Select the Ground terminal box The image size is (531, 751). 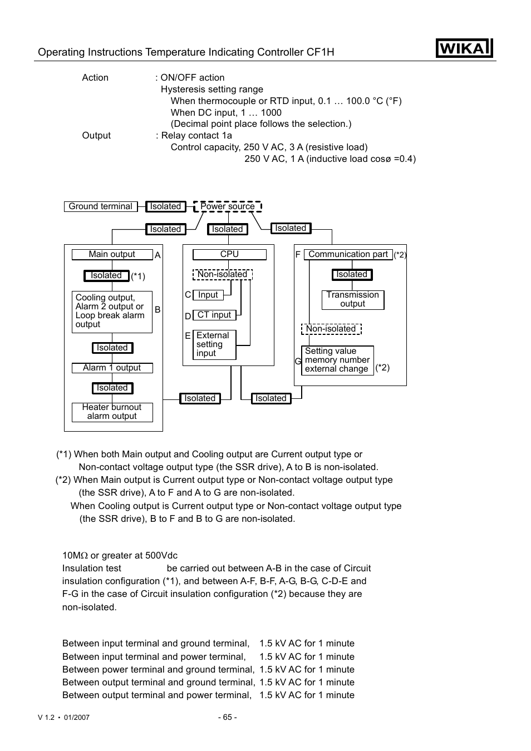(100, 206)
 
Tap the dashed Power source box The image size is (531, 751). (228, 206)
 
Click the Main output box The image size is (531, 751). (112, 254)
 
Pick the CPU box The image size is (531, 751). (229, 254)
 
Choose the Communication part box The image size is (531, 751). (348, 254)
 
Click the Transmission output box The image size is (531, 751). (352, 299)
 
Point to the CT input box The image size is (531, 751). (214, 315)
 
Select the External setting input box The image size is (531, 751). (214, 344)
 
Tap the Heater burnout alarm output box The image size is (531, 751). (112, 412)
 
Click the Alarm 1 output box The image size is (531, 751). (112, 368)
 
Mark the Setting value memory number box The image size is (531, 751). (337, 360)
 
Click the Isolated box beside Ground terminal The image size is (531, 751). (165, 206)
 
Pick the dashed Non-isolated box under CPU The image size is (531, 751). (222, 274)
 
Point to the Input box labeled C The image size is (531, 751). (208, 295)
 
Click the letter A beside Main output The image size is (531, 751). (158, 255)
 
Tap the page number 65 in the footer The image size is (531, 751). (227, 717)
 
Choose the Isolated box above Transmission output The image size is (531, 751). (352, 274)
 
